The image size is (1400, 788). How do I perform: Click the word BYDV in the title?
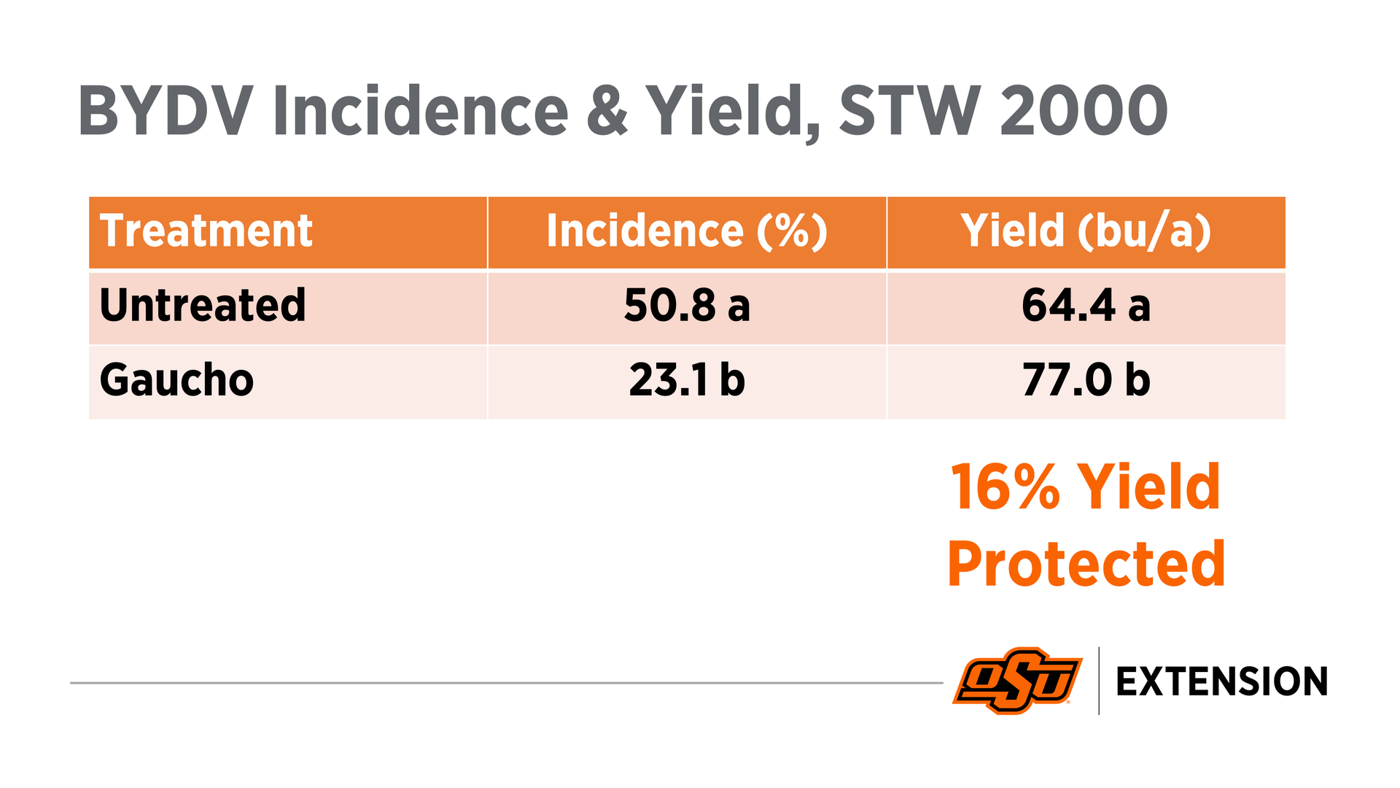[166, 112]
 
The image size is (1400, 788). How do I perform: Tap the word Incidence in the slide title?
[420, 112]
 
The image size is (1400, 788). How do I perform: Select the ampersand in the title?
[607, 112]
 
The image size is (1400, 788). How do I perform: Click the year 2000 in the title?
[1084, 112]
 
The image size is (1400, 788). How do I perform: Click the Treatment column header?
[206, 231]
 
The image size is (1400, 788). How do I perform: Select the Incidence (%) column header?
[687, 231]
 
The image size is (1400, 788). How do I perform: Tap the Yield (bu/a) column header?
[1086, 231]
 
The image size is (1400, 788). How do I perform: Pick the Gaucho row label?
[176, 380]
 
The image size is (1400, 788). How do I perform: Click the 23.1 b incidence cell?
[687, 380]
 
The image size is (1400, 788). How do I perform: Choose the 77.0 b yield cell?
[1086, 380]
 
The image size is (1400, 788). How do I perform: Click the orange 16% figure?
[1005, 487]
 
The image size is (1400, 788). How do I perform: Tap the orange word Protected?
[1086, 563]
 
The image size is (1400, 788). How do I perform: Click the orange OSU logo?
[1017, 680]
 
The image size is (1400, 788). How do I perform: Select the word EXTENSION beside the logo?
[1221, 681]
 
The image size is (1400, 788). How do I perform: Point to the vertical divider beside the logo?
[1099, 680]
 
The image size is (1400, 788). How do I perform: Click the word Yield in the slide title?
[732, 112]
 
